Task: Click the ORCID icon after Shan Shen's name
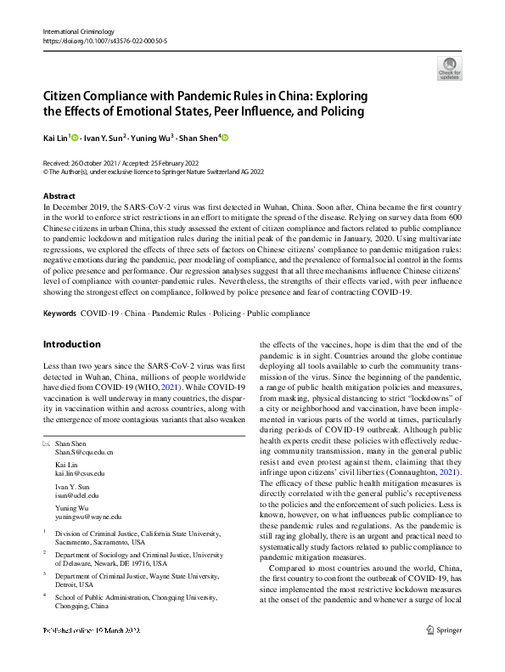pyautogui.click(x=226, y=137)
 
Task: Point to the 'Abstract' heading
pyautogui.click(x=59, y=196)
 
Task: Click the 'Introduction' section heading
pyautogui.click(x=71, y=344)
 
